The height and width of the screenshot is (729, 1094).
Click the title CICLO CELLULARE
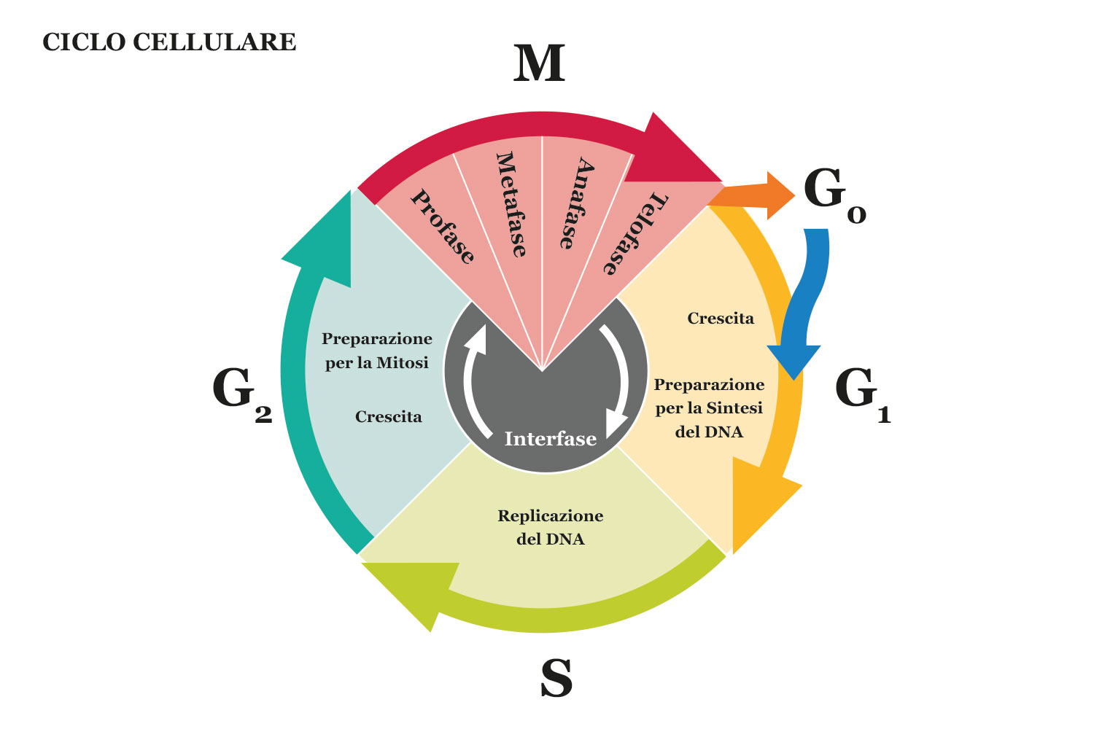pyautogui.click(x=169, y=42)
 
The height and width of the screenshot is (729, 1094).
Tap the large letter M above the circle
pyautogui.click(x=539, y=64)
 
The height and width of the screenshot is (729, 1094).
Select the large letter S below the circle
pyautogui.click(x=556, y=678)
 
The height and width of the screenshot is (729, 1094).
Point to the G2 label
pyautogui.click(x=241, y=394)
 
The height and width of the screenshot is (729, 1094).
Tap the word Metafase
pyautogui.click(x=511, y=204)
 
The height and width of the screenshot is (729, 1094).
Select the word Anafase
pyautogui.click(x=576, y=204)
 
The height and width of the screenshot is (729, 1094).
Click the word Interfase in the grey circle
pyautogui.click(x=551, y=439)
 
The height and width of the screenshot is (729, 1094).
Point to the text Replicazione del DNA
pyautogui.click(x=551, y=527)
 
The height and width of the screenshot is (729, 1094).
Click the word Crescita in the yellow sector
pyautogui.click(x=721, y=319)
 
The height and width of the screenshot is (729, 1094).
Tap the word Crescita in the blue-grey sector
pyautogui.click(x=388, y=417)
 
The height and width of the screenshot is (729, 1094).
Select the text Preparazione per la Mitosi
pyautogui.click(x=377, y=351)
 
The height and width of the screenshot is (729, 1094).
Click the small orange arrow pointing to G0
pyautogui.click(x=759, y=195)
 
